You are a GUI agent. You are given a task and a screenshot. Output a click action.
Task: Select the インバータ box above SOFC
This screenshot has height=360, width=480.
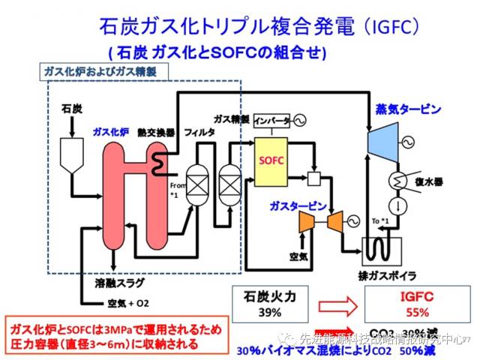pos(271,121)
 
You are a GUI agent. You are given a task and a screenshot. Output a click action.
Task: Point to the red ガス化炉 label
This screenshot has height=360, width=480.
pos(111,130)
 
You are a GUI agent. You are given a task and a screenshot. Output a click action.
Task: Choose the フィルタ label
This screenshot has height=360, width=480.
pos(199,131)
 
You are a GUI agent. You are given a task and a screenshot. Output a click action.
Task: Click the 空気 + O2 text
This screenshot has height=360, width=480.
pos(124,304)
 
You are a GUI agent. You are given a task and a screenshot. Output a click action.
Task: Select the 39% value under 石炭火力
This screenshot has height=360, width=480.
pos(270,311)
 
